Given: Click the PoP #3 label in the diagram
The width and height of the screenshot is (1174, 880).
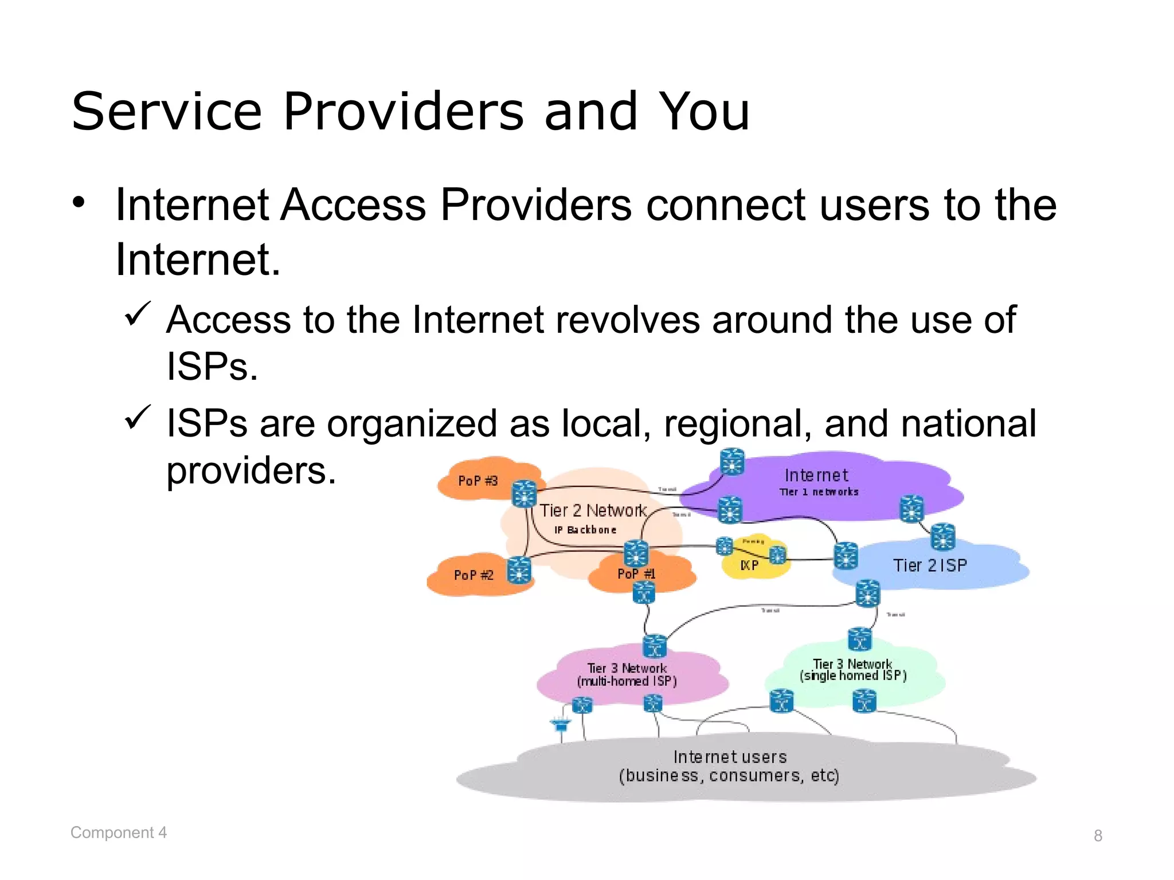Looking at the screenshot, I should pos(478,481).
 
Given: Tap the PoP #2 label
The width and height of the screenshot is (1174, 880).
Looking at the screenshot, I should pos(473,575).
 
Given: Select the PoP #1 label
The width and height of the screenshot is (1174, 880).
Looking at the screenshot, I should pos(636,573).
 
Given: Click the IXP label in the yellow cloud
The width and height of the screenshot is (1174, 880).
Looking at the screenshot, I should pos(749,565).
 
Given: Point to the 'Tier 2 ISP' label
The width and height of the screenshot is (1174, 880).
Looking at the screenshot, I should pos(930,565).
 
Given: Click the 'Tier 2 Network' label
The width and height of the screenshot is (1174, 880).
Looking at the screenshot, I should pos(593,510).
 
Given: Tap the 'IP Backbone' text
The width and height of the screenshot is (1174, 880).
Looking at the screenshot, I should pos(585,530).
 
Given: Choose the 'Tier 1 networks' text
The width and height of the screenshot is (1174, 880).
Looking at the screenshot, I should pos(819,492).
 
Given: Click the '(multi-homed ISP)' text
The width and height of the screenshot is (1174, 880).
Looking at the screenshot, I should pos(627,681).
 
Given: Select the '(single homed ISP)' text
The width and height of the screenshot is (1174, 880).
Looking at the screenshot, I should pos(853,676).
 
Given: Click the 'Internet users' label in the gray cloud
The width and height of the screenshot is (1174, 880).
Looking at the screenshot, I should pos(730,757).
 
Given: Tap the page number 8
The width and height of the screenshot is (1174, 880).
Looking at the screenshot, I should pos(1098,836).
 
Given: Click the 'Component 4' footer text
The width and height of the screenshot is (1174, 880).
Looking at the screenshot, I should pos(119,832).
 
